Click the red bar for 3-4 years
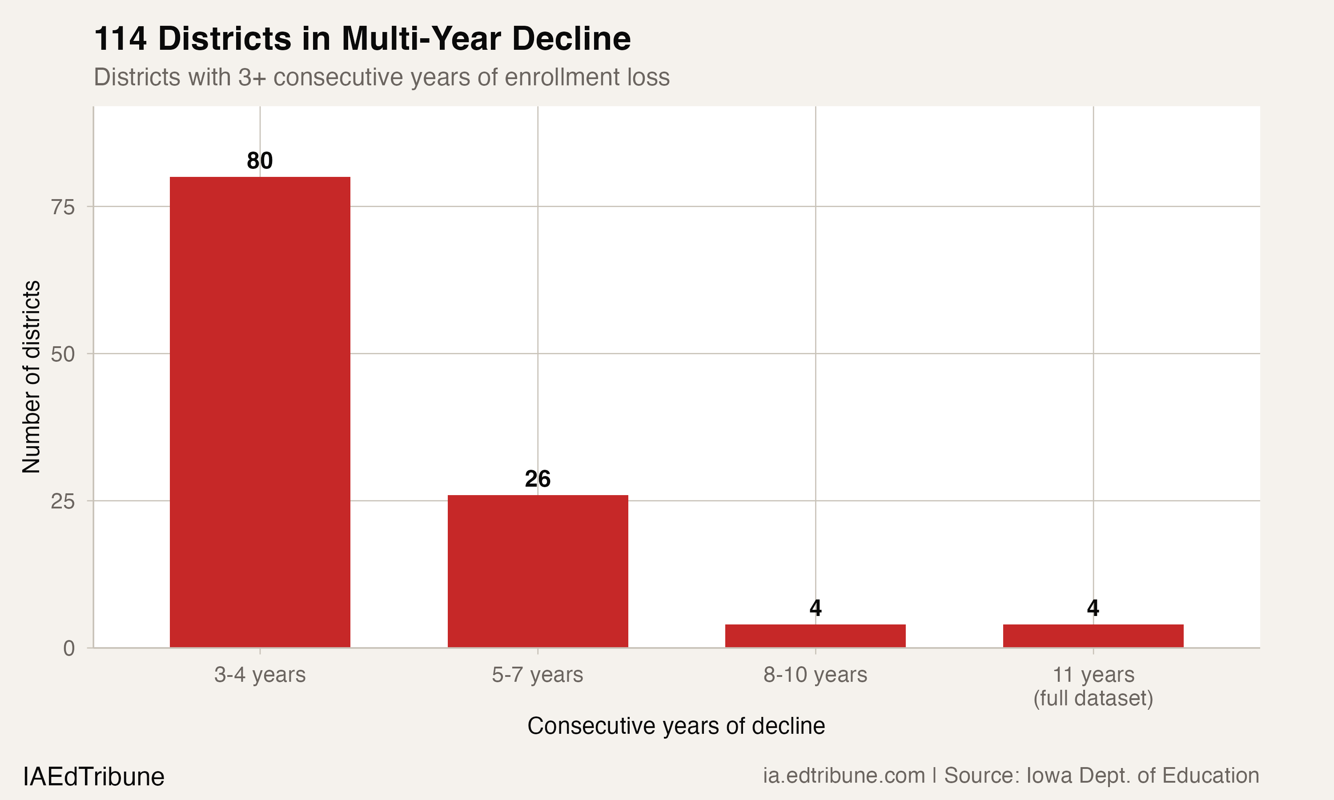260,412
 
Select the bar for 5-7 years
538,571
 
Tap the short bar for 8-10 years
815,636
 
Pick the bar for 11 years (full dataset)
1093,636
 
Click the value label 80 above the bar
260,160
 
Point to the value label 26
538,479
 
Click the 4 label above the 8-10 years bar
815,608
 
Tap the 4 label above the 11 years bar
1093,608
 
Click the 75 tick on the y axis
63,207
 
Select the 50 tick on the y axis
63,354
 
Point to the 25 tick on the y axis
63,501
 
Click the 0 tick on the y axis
69,648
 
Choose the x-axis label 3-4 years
260,674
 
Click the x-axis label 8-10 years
815,674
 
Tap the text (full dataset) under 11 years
1093,698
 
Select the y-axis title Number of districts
31,377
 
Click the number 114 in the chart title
120,39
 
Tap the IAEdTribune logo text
93,777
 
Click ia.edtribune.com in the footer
844,775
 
